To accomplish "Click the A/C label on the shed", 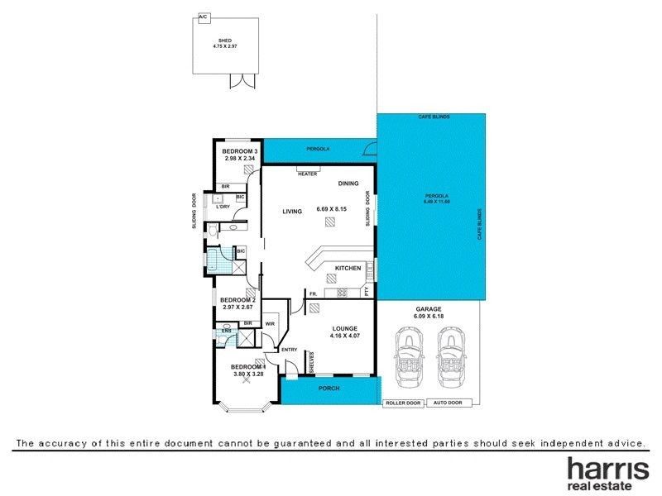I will pyautogui.click(x=202, y=16).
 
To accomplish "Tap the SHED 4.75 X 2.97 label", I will pyautogui.click(x=224, y=42).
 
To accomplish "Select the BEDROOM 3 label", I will pyautogui.click(x=240, y=151).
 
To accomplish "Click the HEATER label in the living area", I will pyautogui.click(x=308, y=174).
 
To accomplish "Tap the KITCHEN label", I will pyautogui.click(x=347, y=269).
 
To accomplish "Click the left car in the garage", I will pyautogui.click(x=410, y=355).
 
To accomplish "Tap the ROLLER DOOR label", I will pyautogui.click(x=403, y=403).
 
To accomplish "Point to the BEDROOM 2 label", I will pyautogui.click(x=237, y=299).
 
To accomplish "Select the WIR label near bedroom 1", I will pyautogui.click(x=270, y=323).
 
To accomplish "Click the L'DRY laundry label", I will pyautogui.click(x=222, y=207).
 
